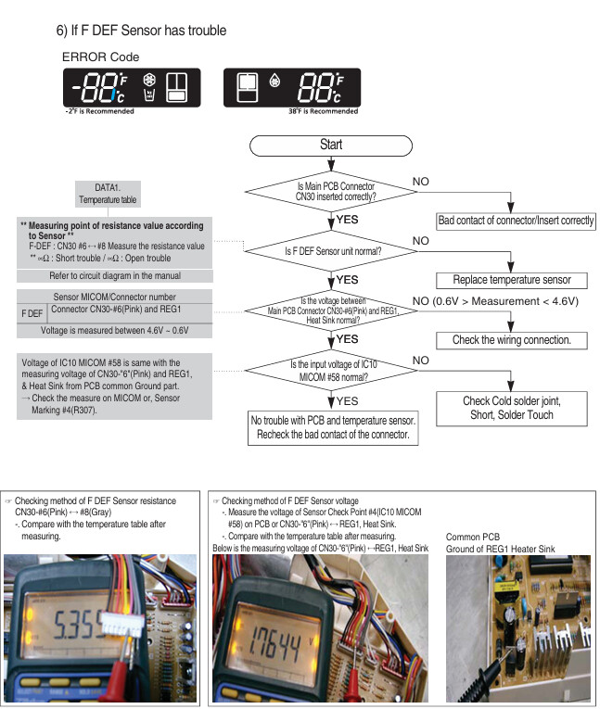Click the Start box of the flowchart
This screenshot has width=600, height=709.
click(331, 146)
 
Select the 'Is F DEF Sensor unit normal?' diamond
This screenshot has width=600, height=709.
click(331, 251)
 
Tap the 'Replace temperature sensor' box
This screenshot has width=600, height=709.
click(512, 280)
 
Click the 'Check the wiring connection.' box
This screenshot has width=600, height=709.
click(512, 340)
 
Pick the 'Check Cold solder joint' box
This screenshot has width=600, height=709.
click(512, 409)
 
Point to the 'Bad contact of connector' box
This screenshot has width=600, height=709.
click(516, 221)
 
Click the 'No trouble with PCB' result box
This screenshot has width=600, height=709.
click(333, 428)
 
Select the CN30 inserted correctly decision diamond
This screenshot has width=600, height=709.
click(331, 192)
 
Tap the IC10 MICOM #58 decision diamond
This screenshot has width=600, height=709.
click(331, 371)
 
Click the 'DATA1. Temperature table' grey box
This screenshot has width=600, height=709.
click(108, 194)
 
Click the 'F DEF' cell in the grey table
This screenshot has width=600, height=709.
click(32, 313)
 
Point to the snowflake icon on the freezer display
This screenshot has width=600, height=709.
click(149, 80)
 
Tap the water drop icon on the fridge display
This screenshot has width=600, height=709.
click(274, 81)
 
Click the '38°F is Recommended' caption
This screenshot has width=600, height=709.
click(323, 111)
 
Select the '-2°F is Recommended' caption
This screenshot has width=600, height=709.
click(99, 111)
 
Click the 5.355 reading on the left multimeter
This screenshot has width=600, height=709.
click(78, 625)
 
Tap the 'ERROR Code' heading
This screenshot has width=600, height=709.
click(100, 57)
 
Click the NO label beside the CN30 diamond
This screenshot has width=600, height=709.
click(420, 182)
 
